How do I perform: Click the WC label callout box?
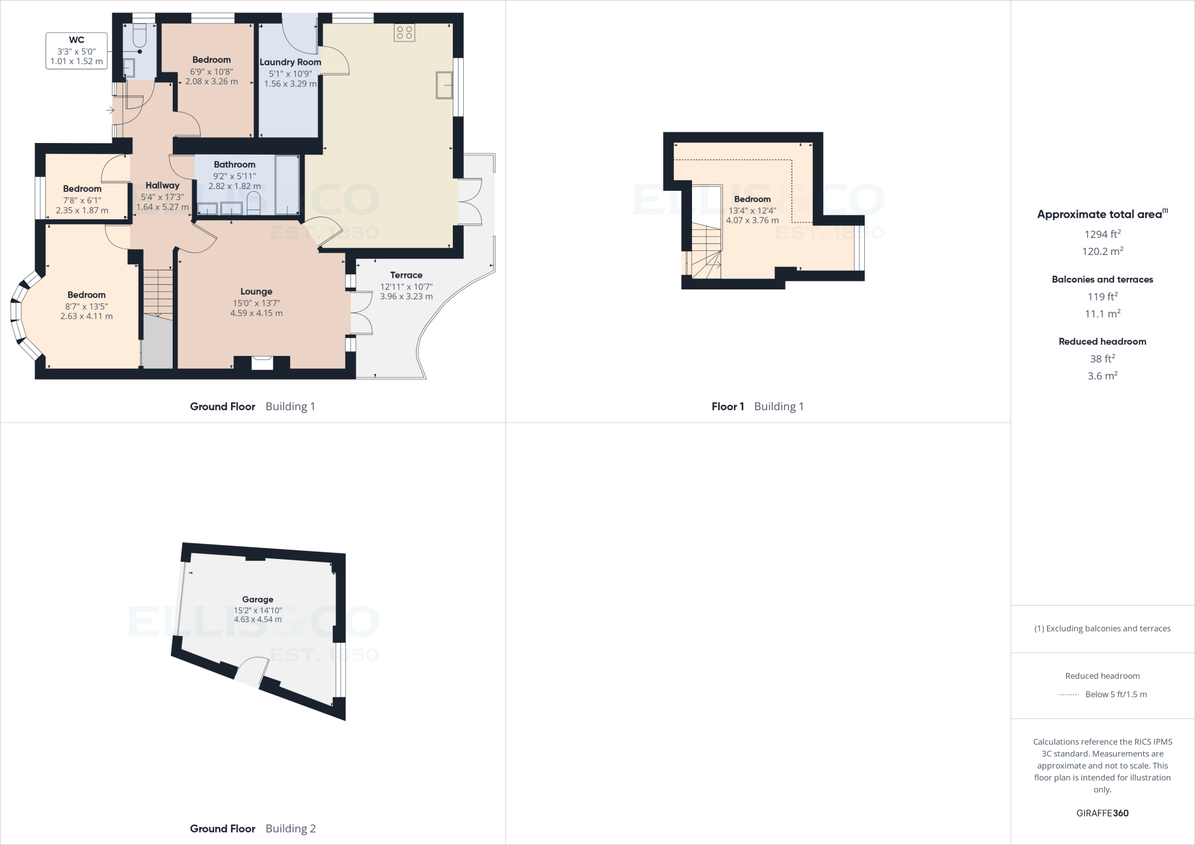76,51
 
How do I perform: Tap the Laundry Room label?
290,62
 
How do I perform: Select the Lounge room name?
256,292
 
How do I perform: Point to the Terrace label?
406,275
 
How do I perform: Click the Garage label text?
257,599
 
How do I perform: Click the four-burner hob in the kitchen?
404,33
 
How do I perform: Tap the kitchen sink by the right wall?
445,85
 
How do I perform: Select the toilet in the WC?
139,36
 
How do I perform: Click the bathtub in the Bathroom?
286,184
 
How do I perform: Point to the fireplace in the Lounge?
262,362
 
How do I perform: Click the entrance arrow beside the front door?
110,110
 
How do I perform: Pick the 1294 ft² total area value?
1102,234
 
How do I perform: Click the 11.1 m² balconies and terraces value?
1102,313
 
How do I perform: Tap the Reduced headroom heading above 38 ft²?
1102,341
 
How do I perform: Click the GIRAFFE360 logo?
1102,813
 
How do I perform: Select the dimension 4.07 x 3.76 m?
752,221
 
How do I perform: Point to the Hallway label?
162,186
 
